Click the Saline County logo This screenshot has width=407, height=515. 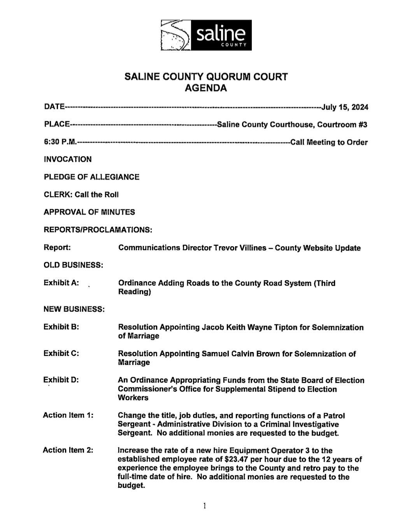206,35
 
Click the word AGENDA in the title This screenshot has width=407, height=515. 206,88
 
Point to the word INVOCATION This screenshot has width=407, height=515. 68,159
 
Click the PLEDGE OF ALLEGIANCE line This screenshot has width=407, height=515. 91,177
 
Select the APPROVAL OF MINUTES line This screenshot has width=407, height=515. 89,212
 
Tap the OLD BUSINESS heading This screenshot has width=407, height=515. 73,265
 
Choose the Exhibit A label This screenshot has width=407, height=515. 61,283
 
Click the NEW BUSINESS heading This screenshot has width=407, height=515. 74,309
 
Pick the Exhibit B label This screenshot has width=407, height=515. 61,327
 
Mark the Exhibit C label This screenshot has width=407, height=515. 61,353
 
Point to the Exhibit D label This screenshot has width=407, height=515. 61,380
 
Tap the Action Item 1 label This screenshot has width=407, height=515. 68,415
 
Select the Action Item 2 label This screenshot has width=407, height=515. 68,450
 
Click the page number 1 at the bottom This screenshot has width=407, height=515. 205,506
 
